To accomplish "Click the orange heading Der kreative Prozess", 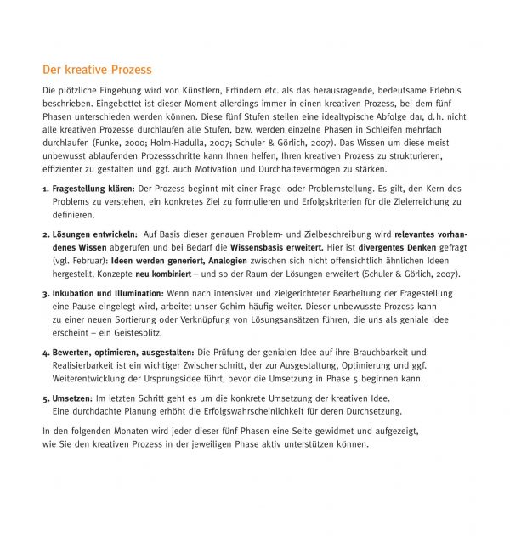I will [x=97, y=69].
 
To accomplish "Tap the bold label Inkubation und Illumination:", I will [x=106, y=293].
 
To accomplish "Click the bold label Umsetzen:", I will [x=72, y=398].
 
